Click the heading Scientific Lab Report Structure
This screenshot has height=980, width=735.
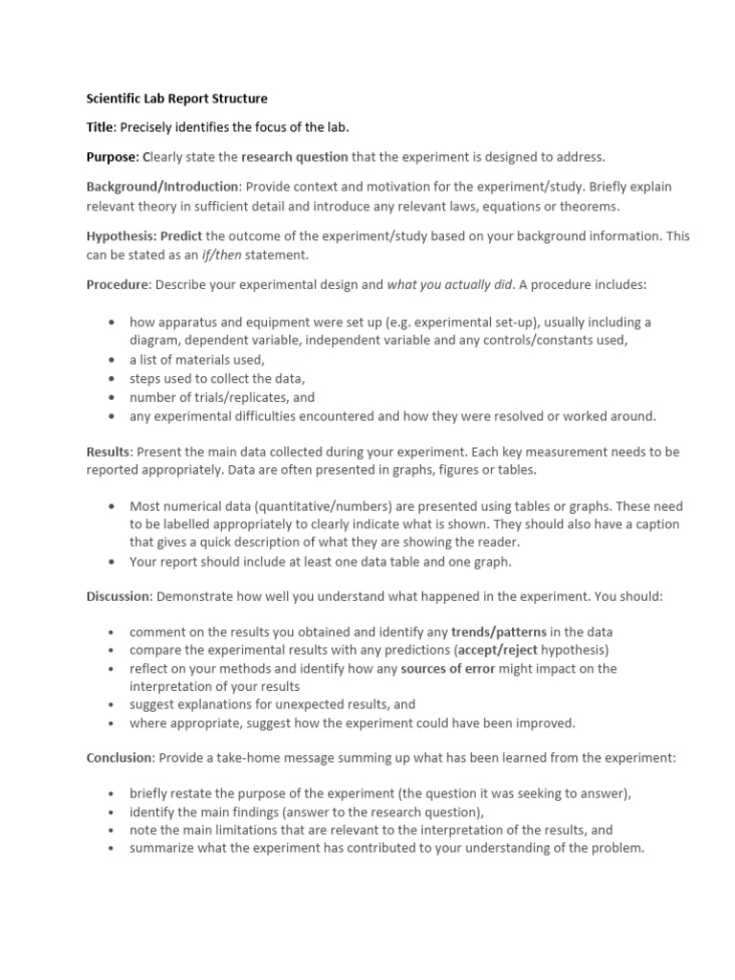pyautogui.click(x=177, y=99)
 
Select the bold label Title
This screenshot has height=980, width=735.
pyautogui.click(x=100, y=127)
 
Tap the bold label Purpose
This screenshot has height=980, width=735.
pyautogui.click(x=113, y=156)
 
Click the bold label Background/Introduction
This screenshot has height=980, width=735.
pyautogui.click(x=163, y=186)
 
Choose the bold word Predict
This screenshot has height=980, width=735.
pyautogui.click(x=181, y=235)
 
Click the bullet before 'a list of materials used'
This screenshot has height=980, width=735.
pyautogui.click(x=113, y=360)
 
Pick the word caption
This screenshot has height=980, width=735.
pyautogui.click(x=654, y=525)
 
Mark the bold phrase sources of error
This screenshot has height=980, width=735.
pyautogui.click(x=448, y=669)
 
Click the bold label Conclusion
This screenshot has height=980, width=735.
pyautogui.click(x=120, y=757)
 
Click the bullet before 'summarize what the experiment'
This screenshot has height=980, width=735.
pyautogui.click(x=113, y=848)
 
